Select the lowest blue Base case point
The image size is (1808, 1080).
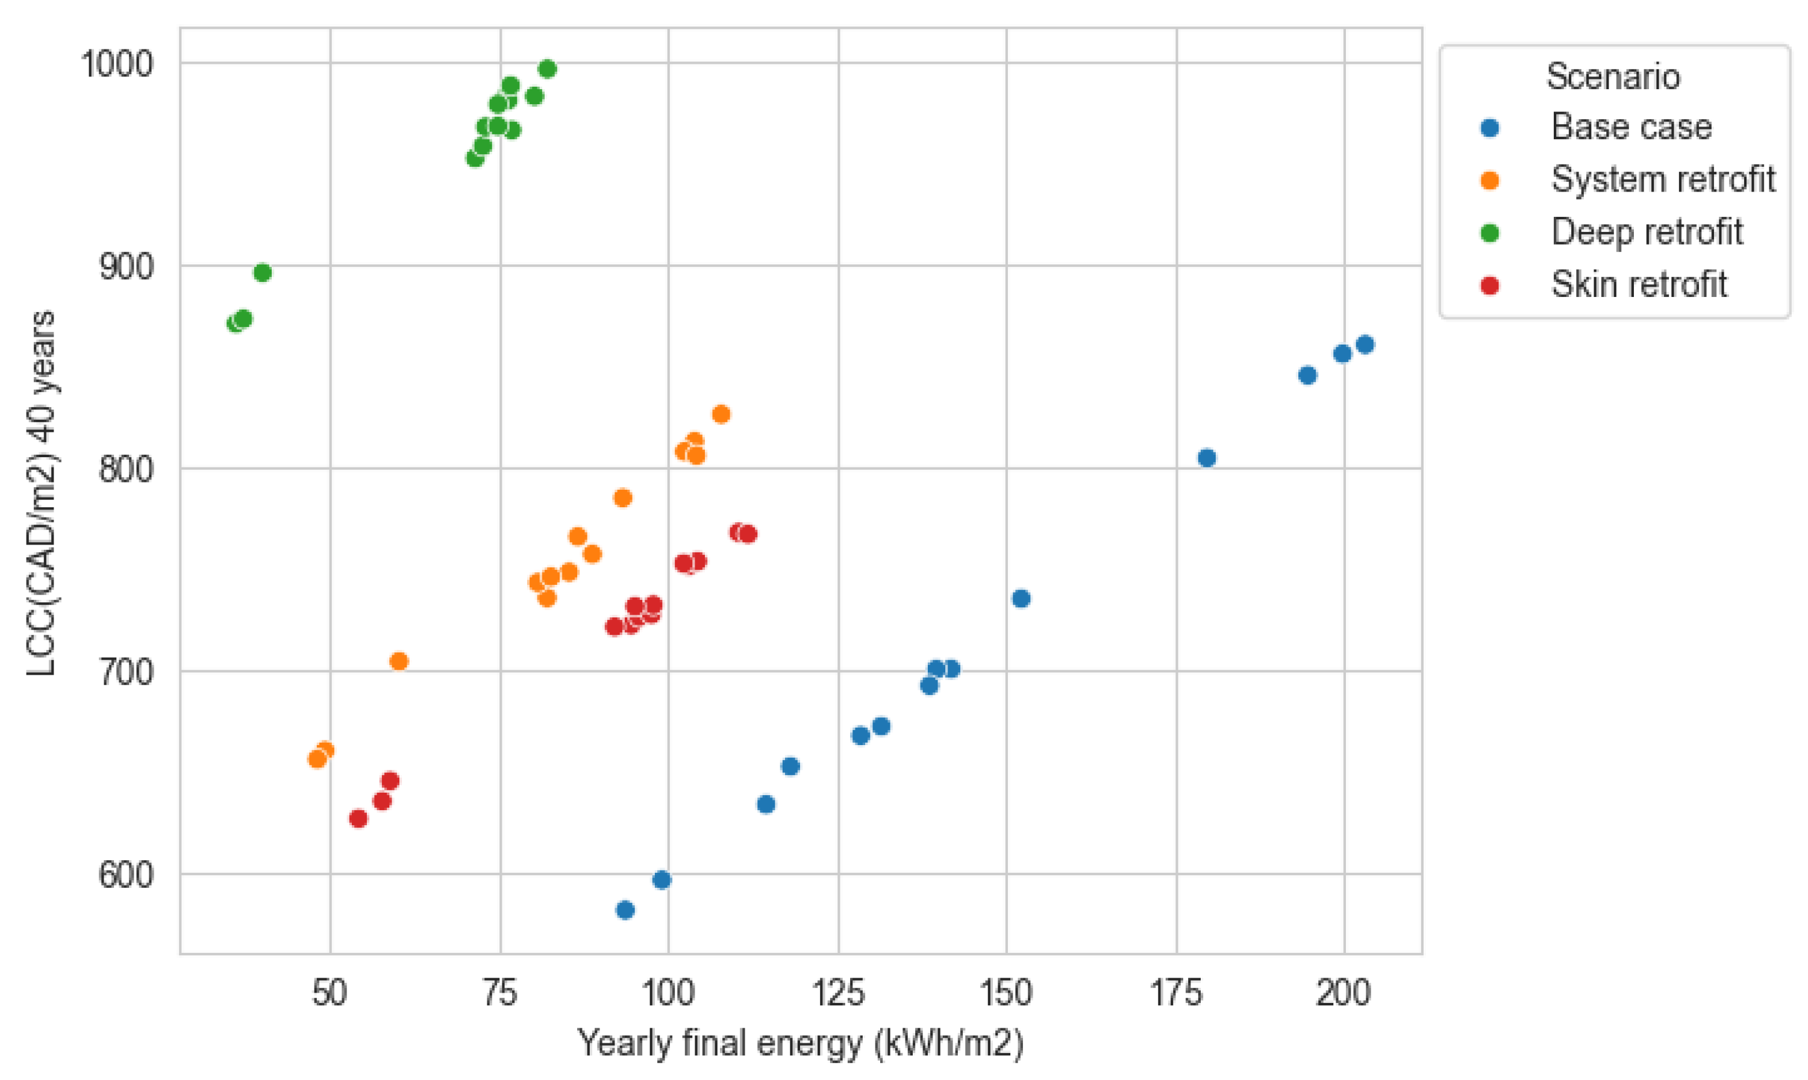click(x=625, y=910)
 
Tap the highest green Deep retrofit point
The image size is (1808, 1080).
click(x=548, y=69)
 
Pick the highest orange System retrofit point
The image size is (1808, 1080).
click(x=721, y=414)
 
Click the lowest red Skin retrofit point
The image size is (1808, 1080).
click(x=358, y=819)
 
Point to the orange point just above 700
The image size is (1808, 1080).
click(x=399, y=661)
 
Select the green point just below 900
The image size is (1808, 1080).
click(x=262, y=273)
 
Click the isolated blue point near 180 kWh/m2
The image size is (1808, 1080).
click(x=1206, y=458)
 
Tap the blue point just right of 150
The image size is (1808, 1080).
click(x=1021, y=598)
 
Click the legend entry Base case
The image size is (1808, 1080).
click(x=1630, y=127)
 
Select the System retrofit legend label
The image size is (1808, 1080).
click(x=1662, y=179)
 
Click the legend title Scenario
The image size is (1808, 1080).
click(x=1613, y=76)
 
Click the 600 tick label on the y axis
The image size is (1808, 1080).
click(x=126, y=874)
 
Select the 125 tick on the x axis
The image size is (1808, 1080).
click(x=838, y=993)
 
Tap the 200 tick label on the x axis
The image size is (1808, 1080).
click(x=1343, y=993)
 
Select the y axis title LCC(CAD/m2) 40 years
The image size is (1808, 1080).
click(x=42, y=493)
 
